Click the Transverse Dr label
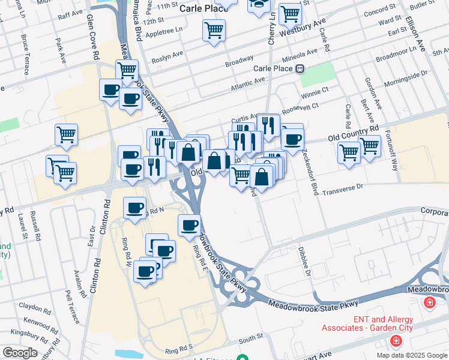343,190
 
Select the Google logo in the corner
20,353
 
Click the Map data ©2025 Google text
411,355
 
